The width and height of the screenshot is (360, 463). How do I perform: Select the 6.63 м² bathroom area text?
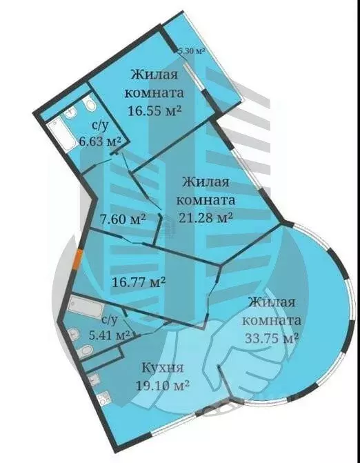pyautogui.click(x=100, y=141)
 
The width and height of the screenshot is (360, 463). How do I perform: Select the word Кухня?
pyautogui.click(x=163, y=366)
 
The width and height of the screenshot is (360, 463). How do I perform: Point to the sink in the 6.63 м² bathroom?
pyautogui.click(x=70, y=114)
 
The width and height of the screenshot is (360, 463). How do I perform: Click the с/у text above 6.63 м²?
pyautogui.click(x=99, y=126)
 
